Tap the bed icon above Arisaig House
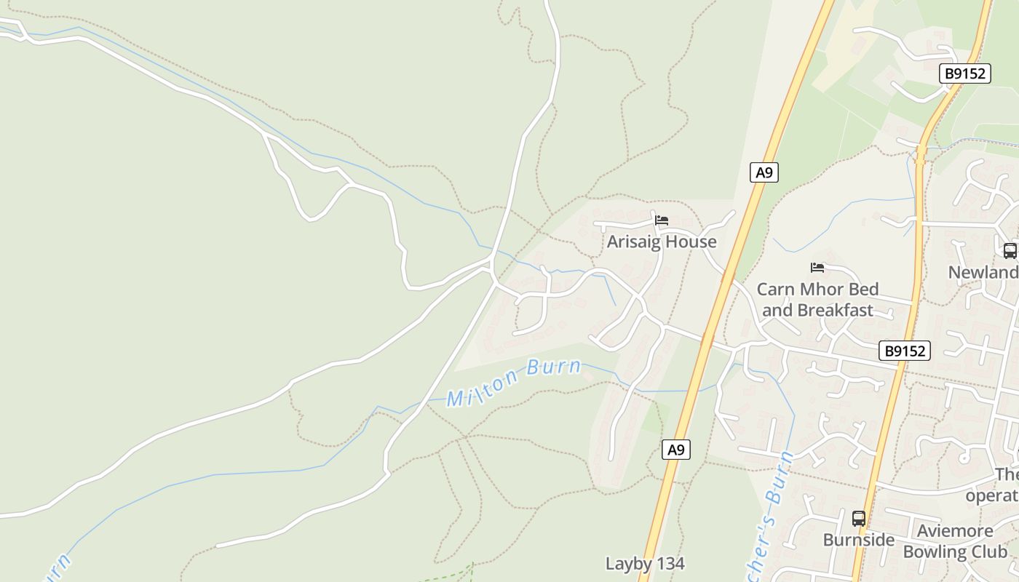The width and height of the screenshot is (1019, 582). [662, 220]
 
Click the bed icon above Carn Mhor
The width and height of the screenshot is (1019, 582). [817, 268]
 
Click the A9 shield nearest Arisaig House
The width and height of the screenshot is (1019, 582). [764, 172]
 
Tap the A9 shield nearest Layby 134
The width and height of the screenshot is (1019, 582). [676, 450]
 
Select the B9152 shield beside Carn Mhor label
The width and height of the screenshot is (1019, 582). [904, 351]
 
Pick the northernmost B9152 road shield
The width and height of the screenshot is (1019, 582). [965, 73]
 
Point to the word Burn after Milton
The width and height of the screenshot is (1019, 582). [554, 367]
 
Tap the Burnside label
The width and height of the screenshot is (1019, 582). [859, 540]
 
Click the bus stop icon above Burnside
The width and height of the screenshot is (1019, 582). [859, 519]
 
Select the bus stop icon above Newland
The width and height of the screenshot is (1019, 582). [1010, 251]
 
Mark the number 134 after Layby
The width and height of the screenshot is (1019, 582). [670, 564]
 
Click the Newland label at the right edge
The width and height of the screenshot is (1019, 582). [983, 273]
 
